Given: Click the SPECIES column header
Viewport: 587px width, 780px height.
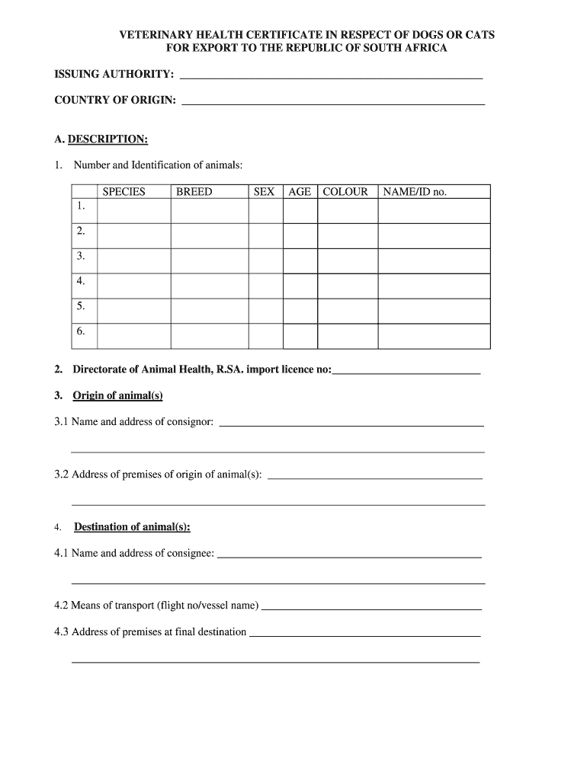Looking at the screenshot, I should point(123,192).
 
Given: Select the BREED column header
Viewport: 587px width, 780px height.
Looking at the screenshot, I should point(194,192).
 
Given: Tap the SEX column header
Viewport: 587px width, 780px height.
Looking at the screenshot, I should point(264,192).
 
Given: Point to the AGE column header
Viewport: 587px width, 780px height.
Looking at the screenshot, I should point(300,192).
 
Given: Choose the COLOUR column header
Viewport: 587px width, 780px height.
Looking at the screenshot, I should point(345,192).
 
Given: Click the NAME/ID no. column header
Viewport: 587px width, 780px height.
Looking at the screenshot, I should point(415,192).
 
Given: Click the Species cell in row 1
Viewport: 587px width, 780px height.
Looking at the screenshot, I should point(134,211).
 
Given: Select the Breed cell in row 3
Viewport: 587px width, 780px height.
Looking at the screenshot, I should point(210,261).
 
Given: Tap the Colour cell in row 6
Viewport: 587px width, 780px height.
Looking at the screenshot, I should point(348,335).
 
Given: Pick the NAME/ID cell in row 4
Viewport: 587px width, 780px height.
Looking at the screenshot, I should point(434,286).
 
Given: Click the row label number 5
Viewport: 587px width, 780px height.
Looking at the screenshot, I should point(81,306).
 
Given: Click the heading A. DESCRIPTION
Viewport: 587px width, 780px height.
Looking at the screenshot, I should point(101,139).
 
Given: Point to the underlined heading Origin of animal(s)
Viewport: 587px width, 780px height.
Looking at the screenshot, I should point(117,395).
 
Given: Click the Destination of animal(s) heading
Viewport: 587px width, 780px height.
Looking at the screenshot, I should point(132,527).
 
